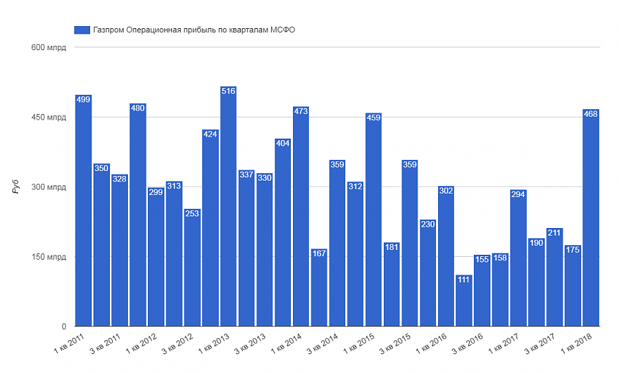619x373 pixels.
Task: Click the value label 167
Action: click(318, 253)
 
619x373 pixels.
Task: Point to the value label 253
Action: click(192, 214)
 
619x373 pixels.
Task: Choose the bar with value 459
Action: click(373, 220)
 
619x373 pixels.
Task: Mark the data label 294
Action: click(518, 194)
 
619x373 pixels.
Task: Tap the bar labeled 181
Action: click(391, 284)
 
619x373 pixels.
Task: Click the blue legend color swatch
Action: click(82, 30)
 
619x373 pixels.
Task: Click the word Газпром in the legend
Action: click(109, 30)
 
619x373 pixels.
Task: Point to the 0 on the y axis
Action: click(63, 326)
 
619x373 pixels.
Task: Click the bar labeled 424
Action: click(210, 227)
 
